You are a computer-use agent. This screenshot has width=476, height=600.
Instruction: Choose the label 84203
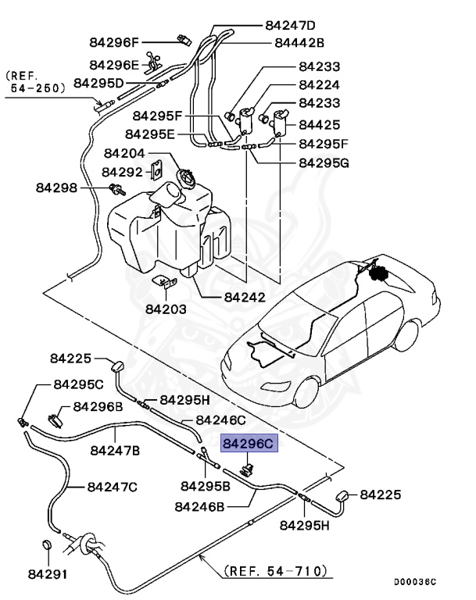pyautogui.click(x=166, y=309)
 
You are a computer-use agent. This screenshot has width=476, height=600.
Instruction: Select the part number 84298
pyautogui.click(x=56, y=187)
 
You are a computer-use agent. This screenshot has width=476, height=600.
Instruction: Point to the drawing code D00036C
pyautogui.click(x=415, y=582)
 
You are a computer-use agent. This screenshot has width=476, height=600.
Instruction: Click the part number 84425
pyautogui.click(x=319, y=124)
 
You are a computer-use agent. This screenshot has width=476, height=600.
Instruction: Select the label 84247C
pyautogui.click(x=112, y=487)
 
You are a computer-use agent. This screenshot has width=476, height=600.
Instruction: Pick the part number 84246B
pyautogui.click(x=199, y=506)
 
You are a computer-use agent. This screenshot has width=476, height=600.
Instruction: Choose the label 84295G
pyautogui.click(x=324, y=162)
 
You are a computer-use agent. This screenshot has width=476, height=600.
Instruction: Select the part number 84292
pyautogui.click(x=122, y=171)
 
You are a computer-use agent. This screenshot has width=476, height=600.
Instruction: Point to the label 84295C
pyautogui.click(x=78, y=384)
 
